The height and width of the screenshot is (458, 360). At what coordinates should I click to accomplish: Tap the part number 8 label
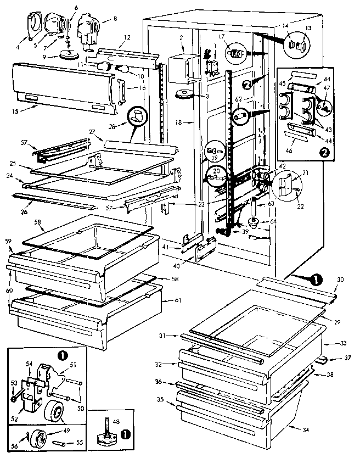(x=115, y=18)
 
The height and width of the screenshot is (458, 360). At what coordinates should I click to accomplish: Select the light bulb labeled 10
(x=123, y=69)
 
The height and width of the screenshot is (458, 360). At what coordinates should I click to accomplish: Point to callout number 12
(x=127, y=37)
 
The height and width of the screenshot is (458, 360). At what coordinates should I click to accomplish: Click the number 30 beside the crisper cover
(x=340, y=280)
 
